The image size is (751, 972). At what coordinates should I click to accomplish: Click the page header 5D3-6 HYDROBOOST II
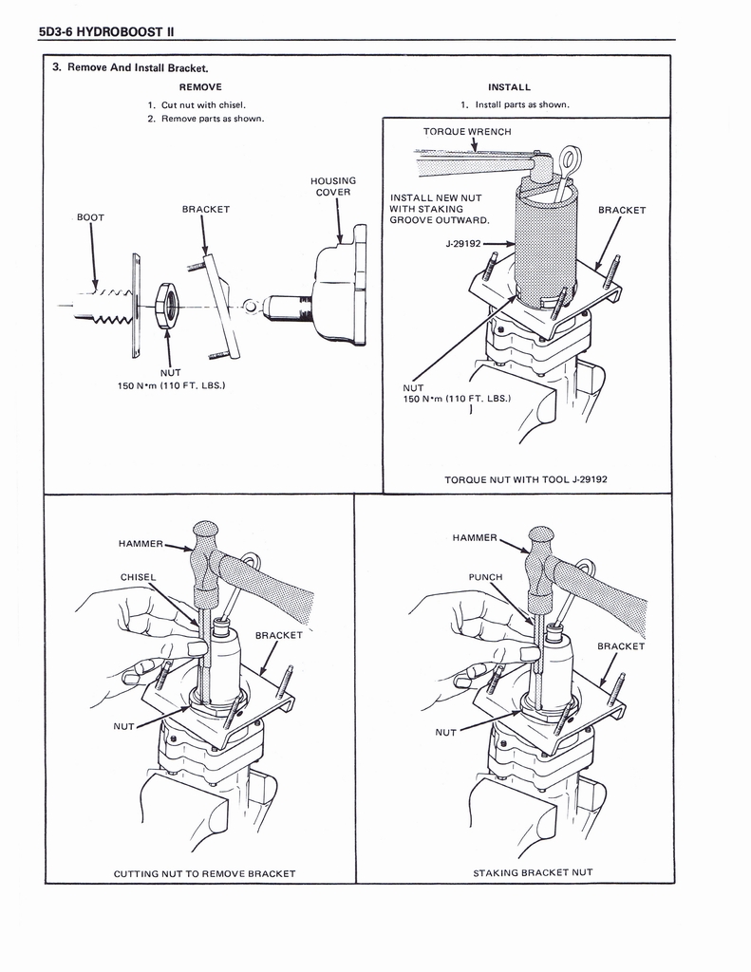(105, 31)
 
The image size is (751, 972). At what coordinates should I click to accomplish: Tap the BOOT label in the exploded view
(90, 217)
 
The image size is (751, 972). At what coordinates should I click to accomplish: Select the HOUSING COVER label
(332, 186)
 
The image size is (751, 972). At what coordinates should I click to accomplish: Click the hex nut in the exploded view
(168, 307)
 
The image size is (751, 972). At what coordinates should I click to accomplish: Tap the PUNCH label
(485, 576)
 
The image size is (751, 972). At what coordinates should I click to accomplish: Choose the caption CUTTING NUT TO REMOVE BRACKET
(204, 873)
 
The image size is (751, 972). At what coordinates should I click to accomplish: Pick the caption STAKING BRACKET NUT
(533, 873)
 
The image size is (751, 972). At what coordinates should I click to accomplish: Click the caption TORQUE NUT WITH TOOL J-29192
(526, 479)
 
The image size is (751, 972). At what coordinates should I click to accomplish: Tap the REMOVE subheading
(200, 86)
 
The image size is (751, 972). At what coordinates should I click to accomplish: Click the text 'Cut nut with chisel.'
(204, 104)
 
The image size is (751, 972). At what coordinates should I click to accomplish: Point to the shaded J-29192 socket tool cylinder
(545, 249)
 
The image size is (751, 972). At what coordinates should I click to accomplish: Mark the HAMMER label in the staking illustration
(475, 538)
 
